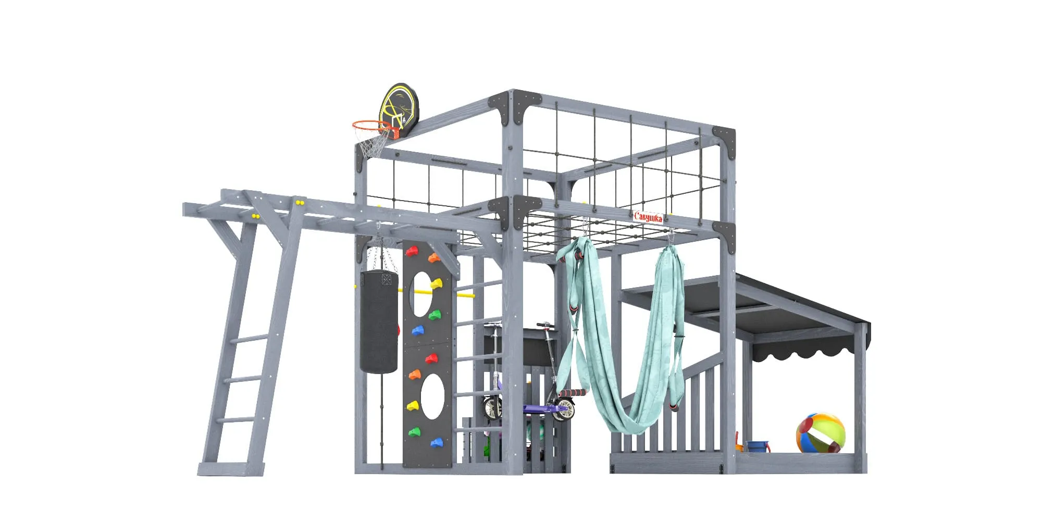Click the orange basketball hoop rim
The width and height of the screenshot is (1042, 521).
(371, 125)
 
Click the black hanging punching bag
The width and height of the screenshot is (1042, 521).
(379, 321)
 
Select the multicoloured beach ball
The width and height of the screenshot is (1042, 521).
(820, 433)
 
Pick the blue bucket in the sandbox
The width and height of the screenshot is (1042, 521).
(757, 446)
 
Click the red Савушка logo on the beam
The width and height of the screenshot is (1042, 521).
(648, 217)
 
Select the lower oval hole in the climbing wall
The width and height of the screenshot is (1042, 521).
(432, 396)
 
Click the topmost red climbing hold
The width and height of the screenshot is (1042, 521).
(412, 252)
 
